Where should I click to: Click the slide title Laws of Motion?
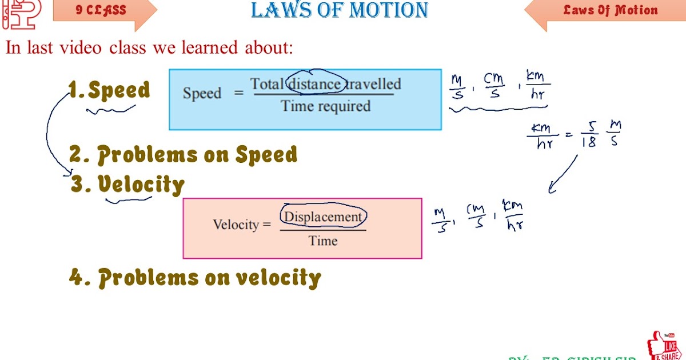(x=340, y=10)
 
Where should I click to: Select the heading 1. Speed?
(x=110, y=90)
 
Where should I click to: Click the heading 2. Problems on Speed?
(x=184, y=155)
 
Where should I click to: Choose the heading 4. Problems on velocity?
(x=195, y=278)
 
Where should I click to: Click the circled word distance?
(x=316, y=85)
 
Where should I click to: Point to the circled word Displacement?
(x=323, y=217)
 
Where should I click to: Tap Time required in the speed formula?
(x=326, y=106)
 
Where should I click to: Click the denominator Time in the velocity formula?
(x=323, y=241)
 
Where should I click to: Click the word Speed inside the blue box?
(x=202, y=94)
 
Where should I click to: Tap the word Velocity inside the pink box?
(x=236, y=225)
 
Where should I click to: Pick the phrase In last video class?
(x=78, y=47)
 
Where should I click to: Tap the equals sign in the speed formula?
(x=239, y=94)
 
